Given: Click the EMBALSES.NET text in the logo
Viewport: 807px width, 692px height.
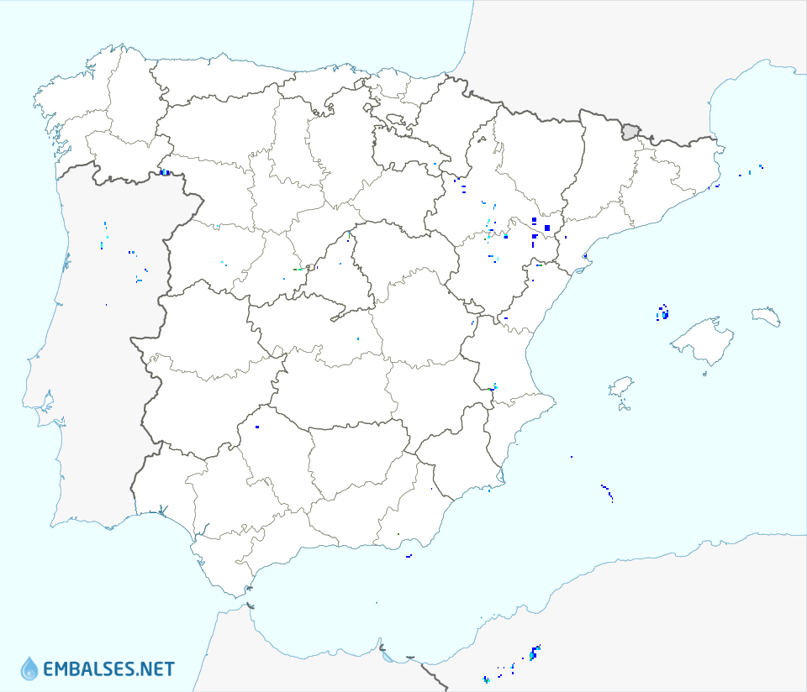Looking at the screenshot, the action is (108, 669).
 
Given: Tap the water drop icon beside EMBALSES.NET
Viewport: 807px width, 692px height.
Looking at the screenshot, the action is (29, 668).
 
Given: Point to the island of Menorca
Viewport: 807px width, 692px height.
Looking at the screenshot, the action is (766, 317).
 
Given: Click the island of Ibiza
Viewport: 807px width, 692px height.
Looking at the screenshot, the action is (620, 387).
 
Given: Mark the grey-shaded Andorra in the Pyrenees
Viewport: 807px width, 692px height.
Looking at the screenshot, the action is (630, 131).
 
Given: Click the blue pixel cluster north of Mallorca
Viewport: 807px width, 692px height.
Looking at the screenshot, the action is (663, 312).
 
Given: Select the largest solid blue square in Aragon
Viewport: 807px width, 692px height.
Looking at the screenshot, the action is (547, 228).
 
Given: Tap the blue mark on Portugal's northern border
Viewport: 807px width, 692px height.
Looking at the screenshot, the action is (165, 173).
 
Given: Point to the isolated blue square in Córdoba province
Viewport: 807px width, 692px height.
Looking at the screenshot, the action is (257, 427).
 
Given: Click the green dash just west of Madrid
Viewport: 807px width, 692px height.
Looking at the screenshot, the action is (297, 269).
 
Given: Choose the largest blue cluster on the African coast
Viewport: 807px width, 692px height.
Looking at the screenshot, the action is (535, 651).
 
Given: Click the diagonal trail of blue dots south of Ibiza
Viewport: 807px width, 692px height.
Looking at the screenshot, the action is (607, 491).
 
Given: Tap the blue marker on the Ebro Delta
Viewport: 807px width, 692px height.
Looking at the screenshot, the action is (585, 255).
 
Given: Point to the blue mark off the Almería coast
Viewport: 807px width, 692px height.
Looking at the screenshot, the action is (409, 555).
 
